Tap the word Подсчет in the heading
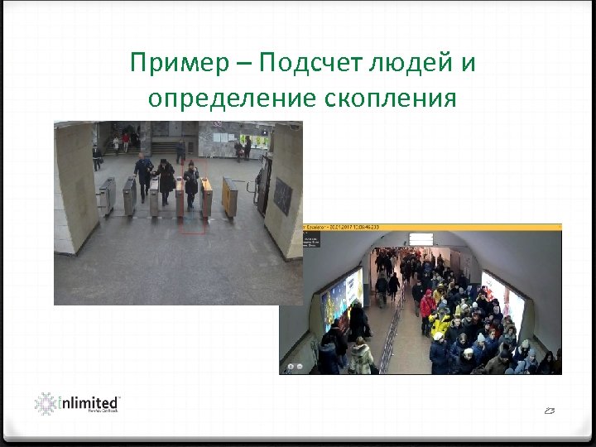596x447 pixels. click(311, 63)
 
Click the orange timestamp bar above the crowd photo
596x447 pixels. click(431, 227)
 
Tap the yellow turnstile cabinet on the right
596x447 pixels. click(229, 196)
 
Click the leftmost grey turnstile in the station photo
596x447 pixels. click(107, 195)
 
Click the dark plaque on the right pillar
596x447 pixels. click(282, 195)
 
